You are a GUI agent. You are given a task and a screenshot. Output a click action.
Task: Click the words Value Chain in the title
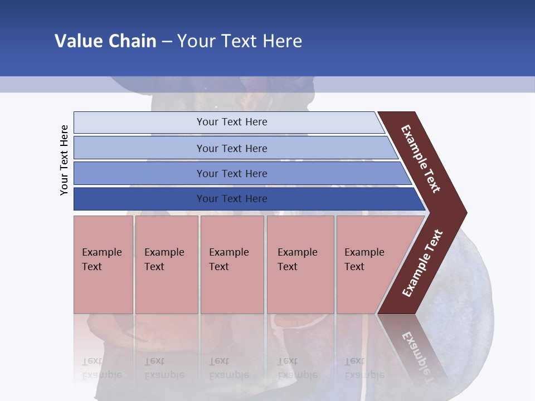(x=105, y=41)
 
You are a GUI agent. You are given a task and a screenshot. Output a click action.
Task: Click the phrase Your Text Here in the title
(x=240, y=41)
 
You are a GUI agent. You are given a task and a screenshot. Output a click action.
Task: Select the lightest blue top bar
(x=139, y=122)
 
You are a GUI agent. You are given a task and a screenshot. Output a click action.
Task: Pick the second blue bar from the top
(x=139, y=148)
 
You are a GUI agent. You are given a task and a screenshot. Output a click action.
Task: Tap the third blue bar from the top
(x=139, y=173)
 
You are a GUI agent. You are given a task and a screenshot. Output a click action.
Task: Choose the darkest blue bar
(x=139, y=199)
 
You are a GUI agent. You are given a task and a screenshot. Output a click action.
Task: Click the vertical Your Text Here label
(x=64, y=160)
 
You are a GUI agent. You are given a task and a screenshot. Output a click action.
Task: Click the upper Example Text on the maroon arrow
(x=421, y=159)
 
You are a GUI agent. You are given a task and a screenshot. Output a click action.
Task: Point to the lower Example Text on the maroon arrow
(x=422, y=263)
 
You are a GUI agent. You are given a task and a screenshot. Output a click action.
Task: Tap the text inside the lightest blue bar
(x=232, y=122)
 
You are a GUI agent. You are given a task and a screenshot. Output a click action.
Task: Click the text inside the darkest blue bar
(x=232, y=199)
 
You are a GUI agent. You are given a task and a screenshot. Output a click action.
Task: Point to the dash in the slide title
(x=167, y=41)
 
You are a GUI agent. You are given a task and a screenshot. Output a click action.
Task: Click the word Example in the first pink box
(x=101, y=252)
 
